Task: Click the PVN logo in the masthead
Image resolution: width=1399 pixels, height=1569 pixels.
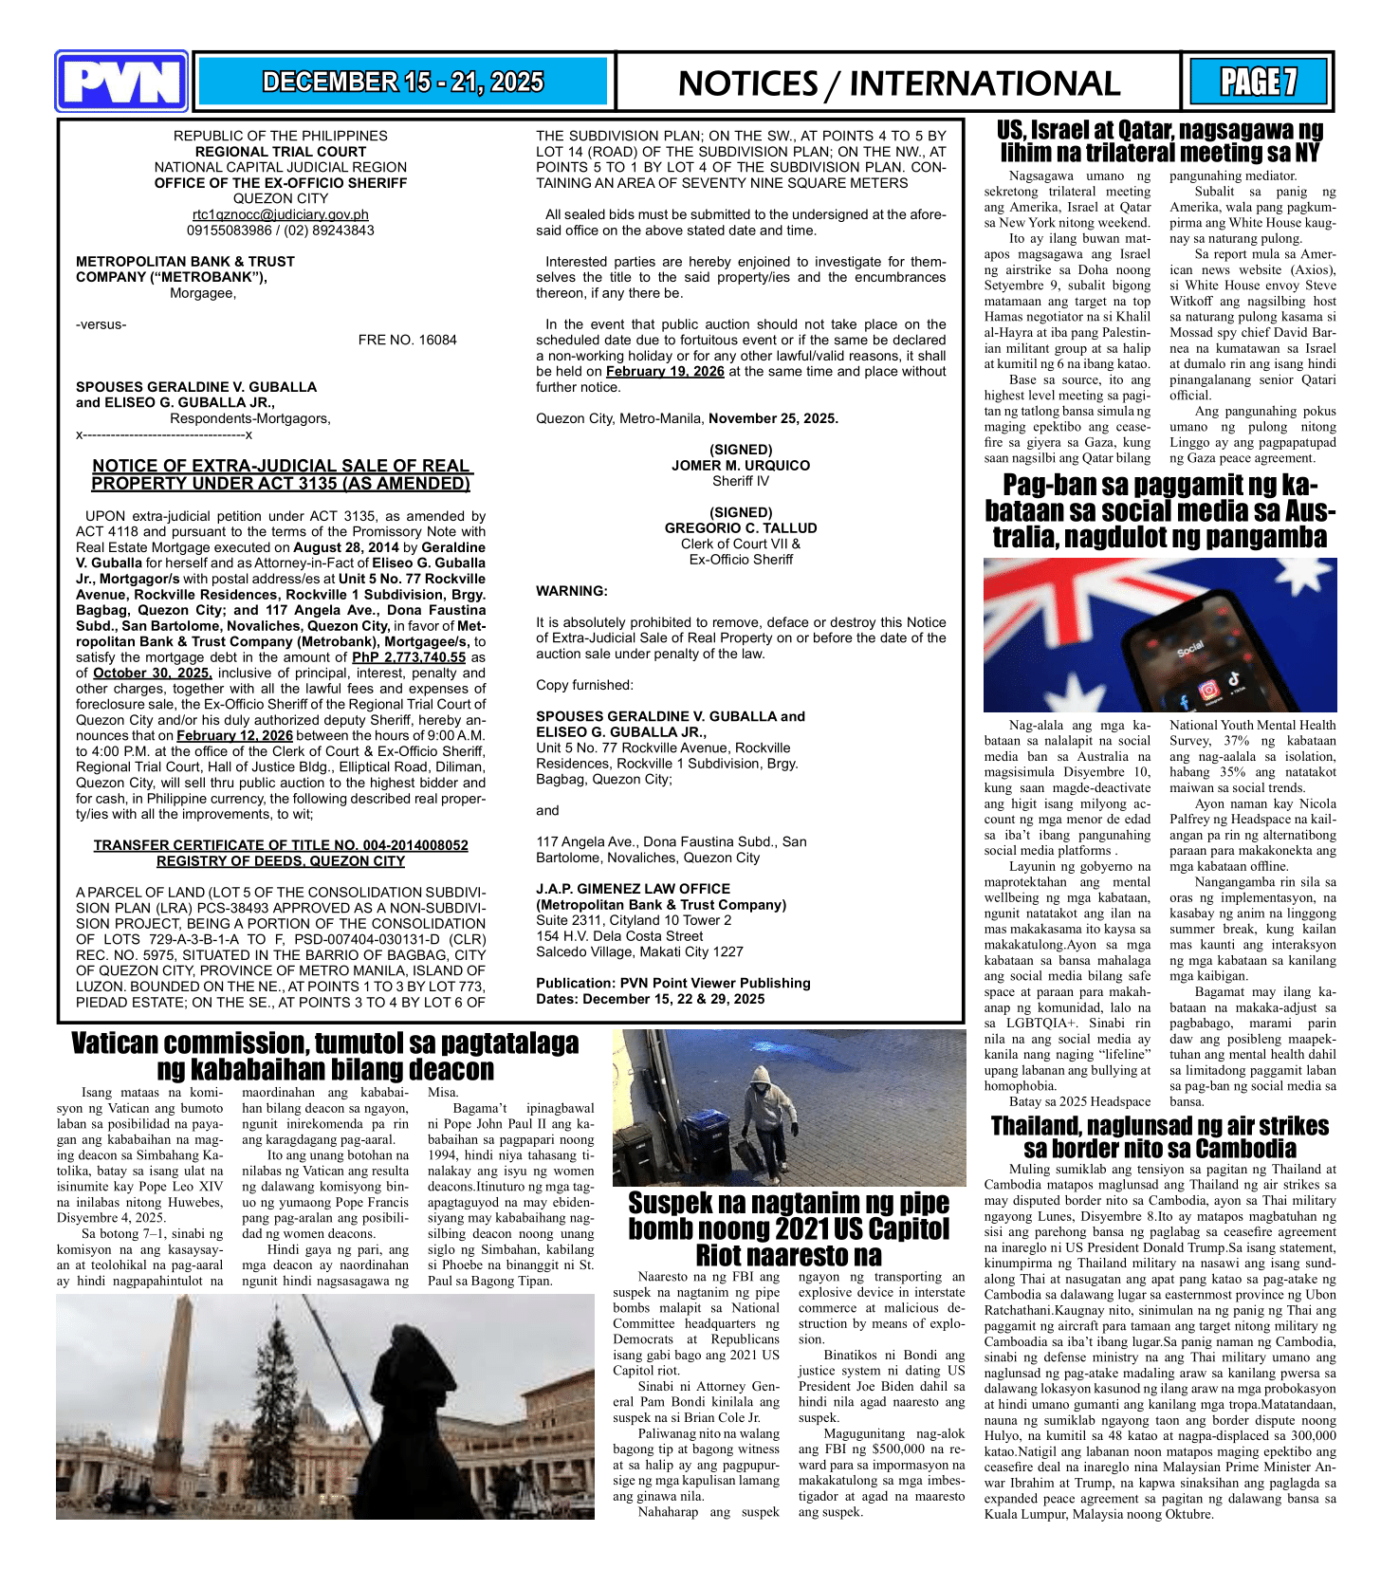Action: click(121, 82)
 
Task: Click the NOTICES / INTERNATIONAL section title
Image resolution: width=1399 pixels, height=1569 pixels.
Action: click(898, 83)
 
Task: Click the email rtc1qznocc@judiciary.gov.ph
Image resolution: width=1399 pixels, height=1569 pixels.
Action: click(281, 214)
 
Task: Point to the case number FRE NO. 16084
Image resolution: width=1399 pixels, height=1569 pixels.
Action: click(407, 340)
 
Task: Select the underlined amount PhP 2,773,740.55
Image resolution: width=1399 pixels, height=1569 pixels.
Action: click(409, 656)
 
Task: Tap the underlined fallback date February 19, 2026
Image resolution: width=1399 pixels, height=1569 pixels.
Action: click(665, 371)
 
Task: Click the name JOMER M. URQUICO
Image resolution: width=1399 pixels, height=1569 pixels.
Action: click(741, 466)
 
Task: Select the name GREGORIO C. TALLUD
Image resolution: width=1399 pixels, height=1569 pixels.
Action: click(741, 528)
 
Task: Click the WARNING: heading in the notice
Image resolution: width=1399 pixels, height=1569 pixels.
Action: click(572, 591)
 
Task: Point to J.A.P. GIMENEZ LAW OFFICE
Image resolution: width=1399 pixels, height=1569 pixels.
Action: click(633, 889)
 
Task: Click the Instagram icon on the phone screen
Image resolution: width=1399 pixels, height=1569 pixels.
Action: click(1209, 690)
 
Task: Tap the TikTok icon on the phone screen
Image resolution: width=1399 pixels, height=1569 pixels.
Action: click(1234, 678)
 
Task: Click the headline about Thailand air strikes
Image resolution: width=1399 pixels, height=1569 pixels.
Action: click(1159, 1137)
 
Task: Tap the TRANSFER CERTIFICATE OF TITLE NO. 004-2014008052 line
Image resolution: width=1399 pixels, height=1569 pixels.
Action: click(281, 845)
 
